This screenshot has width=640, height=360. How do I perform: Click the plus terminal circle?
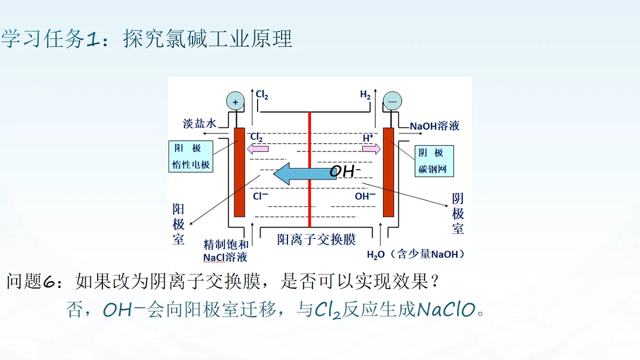pos(235,101)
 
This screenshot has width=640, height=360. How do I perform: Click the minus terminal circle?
pos(393,101)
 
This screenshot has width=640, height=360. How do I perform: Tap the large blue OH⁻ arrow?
pos(305,173)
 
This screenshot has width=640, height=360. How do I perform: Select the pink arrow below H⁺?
pos(371,149)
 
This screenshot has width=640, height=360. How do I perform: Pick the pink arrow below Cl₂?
pos(258,149)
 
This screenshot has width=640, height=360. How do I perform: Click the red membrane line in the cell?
pos(309,170)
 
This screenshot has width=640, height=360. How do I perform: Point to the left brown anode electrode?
pos(239,172)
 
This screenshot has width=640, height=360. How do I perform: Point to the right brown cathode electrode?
pos(388,172)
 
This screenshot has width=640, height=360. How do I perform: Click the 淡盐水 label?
pos(199,124)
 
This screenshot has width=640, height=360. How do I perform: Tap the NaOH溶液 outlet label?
pos(435,126)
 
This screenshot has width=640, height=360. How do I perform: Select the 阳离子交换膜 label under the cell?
pos(316,239)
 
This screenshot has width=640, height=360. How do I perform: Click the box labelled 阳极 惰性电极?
pos(191,156)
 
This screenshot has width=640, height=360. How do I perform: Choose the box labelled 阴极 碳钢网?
pos(434,161)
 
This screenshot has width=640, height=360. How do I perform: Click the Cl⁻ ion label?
pos(260,196)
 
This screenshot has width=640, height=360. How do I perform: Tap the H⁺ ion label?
pos(368,138)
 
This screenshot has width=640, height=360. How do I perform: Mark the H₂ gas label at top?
pos(365,94)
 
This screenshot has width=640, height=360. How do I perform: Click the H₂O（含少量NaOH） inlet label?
pos(415,254)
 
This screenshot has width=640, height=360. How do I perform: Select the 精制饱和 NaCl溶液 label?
pos(226,251)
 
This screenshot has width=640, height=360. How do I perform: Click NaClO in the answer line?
pos(446,309)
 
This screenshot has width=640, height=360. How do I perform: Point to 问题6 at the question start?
pos(31,281)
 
